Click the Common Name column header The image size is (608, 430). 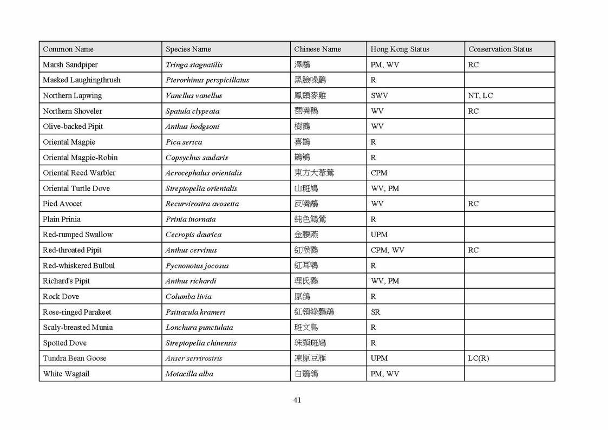(x=68, y=49)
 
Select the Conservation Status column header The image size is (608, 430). (x=500, y=49)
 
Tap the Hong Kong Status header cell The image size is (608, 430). (x=400, y=49)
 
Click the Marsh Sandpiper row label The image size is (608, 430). (x=70, y=64)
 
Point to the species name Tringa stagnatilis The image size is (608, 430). (x=194, y=64)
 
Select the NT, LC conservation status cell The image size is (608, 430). (x=480, y=96)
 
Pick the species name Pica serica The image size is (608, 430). (x=184, y=142)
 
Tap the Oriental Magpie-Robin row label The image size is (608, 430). (x=80, y=158)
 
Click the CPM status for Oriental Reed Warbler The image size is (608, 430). (x=379, y=173)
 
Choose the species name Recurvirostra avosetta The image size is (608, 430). (x=202, y=204)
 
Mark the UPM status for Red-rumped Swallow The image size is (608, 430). (x=379, y=234)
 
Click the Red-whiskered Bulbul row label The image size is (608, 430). (x=79, y=265)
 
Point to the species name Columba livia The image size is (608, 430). (x=188, y=297)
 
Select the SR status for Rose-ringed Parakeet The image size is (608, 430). (x=375, y=312)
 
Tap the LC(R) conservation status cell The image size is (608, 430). (x=479, y=358)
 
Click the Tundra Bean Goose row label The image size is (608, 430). (x=75, y=358)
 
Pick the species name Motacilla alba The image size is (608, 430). (x=189, y=374)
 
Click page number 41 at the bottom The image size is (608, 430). (x=297, y=400)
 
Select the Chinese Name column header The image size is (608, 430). (x=317, y=49)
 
